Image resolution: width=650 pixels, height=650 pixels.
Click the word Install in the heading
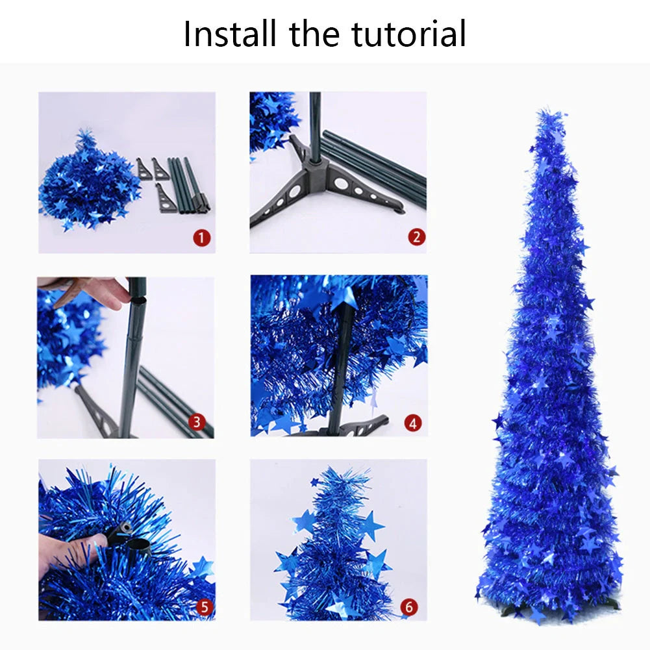coord(231,34)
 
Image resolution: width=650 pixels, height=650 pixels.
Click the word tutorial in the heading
coord(408,34)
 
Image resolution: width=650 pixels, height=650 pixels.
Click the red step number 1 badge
coord(202,238)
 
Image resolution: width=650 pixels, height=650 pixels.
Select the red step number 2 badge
coord(417,237)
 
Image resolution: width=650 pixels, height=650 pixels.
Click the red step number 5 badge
coord(204,607)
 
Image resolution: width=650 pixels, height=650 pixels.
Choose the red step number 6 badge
coord(408,607)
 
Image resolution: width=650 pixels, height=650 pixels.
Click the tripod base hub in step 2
coord(316,170)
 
